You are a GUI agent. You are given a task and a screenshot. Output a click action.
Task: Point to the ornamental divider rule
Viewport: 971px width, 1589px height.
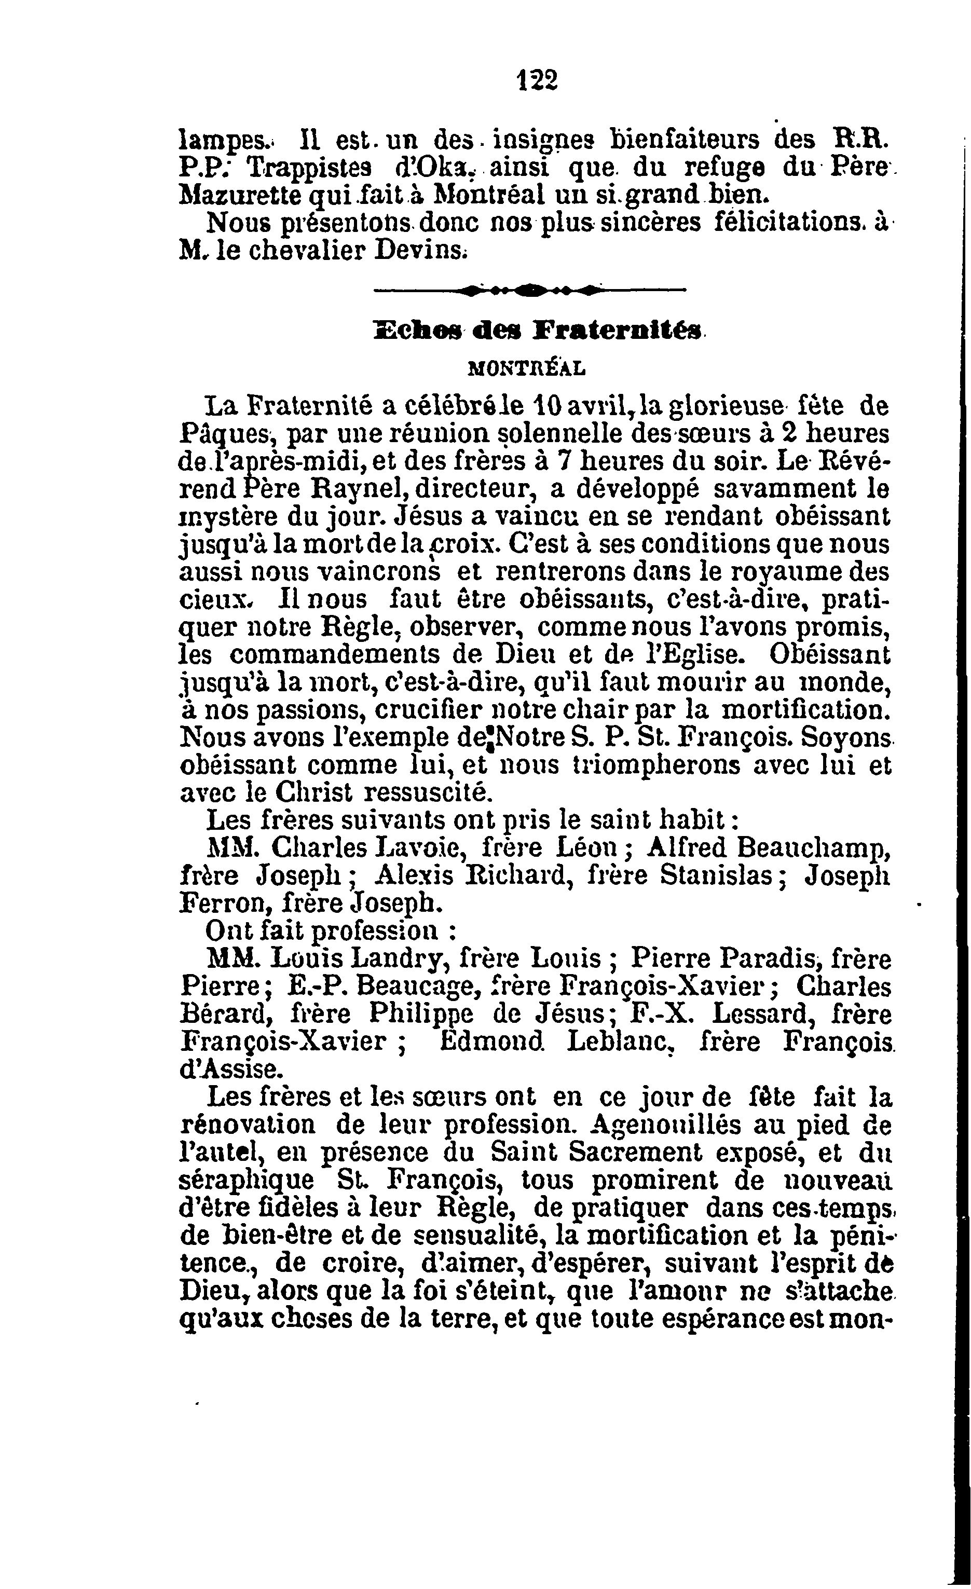[530, 292]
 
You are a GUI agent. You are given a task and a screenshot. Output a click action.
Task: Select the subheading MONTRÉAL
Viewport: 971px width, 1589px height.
[526, 368]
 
